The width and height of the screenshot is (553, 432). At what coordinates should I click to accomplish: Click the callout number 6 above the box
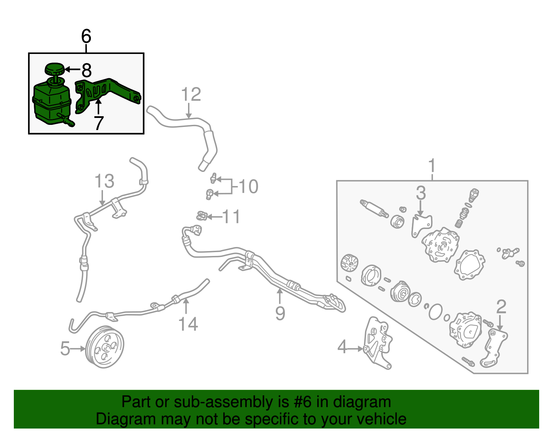tap(86, 36)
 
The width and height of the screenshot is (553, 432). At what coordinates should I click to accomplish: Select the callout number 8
tap(86, 70)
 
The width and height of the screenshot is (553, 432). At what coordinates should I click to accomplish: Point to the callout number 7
tap(99, 123)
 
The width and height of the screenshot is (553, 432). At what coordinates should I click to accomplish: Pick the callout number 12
tap(191, 94)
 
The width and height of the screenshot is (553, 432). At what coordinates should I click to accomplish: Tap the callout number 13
tap(104, 181)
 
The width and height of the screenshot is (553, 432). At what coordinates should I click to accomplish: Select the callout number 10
tap(249, 186)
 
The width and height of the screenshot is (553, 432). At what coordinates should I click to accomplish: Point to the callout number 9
tap(280, 313)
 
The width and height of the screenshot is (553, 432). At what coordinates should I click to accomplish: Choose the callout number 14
tap(188, 324)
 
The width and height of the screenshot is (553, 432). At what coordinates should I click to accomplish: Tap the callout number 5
tap(65, 348)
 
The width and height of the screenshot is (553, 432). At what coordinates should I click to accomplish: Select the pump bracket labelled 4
tap(378, 342)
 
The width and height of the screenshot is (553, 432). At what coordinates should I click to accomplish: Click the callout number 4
tap(342, 347)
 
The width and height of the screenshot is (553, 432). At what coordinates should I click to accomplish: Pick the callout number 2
tap(501, 307)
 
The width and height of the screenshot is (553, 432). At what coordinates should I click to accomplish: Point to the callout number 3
tap(421, 193)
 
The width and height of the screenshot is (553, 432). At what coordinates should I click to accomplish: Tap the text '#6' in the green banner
tap(303, 402)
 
